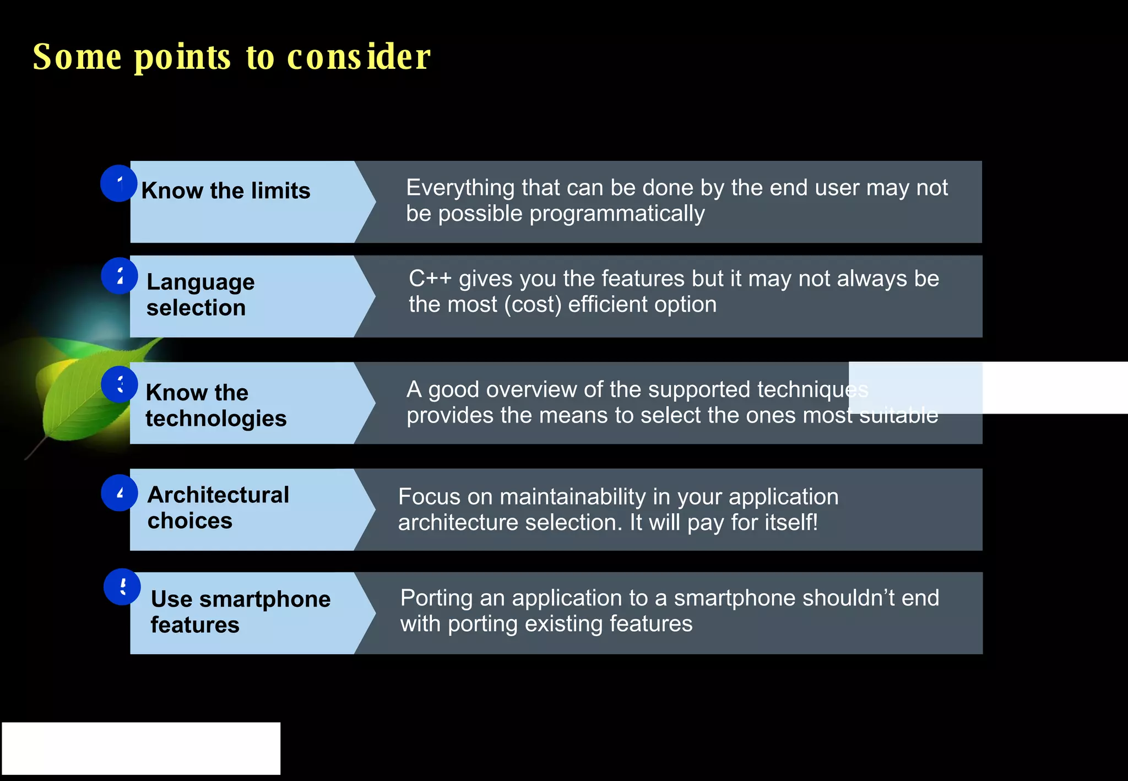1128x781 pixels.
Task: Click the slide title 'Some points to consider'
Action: tap(231, 57)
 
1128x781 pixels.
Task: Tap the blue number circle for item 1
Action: tap(118, 183)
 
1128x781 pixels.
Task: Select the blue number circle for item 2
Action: tap(119, 276)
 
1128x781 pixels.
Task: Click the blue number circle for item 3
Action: tap(119, 384)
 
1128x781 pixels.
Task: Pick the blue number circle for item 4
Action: tap(119, 493)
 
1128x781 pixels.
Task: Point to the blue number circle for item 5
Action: tap(122, 587)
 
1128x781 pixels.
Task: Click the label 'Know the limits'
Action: tap(226, 191)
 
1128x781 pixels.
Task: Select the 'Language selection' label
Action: tap(200, 295)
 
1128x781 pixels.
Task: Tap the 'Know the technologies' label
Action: tap(216, 405)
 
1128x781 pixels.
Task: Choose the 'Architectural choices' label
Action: tap(218, 507)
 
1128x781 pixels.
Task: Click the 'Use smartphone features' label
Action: tap(241, 611)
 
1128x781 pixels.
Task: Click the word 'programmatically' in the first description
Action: tap(617, 214)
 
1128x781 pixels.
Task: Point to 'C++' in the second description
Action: tap(430, 279)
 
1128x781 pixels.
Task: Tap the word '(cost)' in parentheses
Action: tap(533, 305)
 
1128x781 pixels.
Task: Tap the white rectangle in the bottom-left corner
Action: tap(141, 749)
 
